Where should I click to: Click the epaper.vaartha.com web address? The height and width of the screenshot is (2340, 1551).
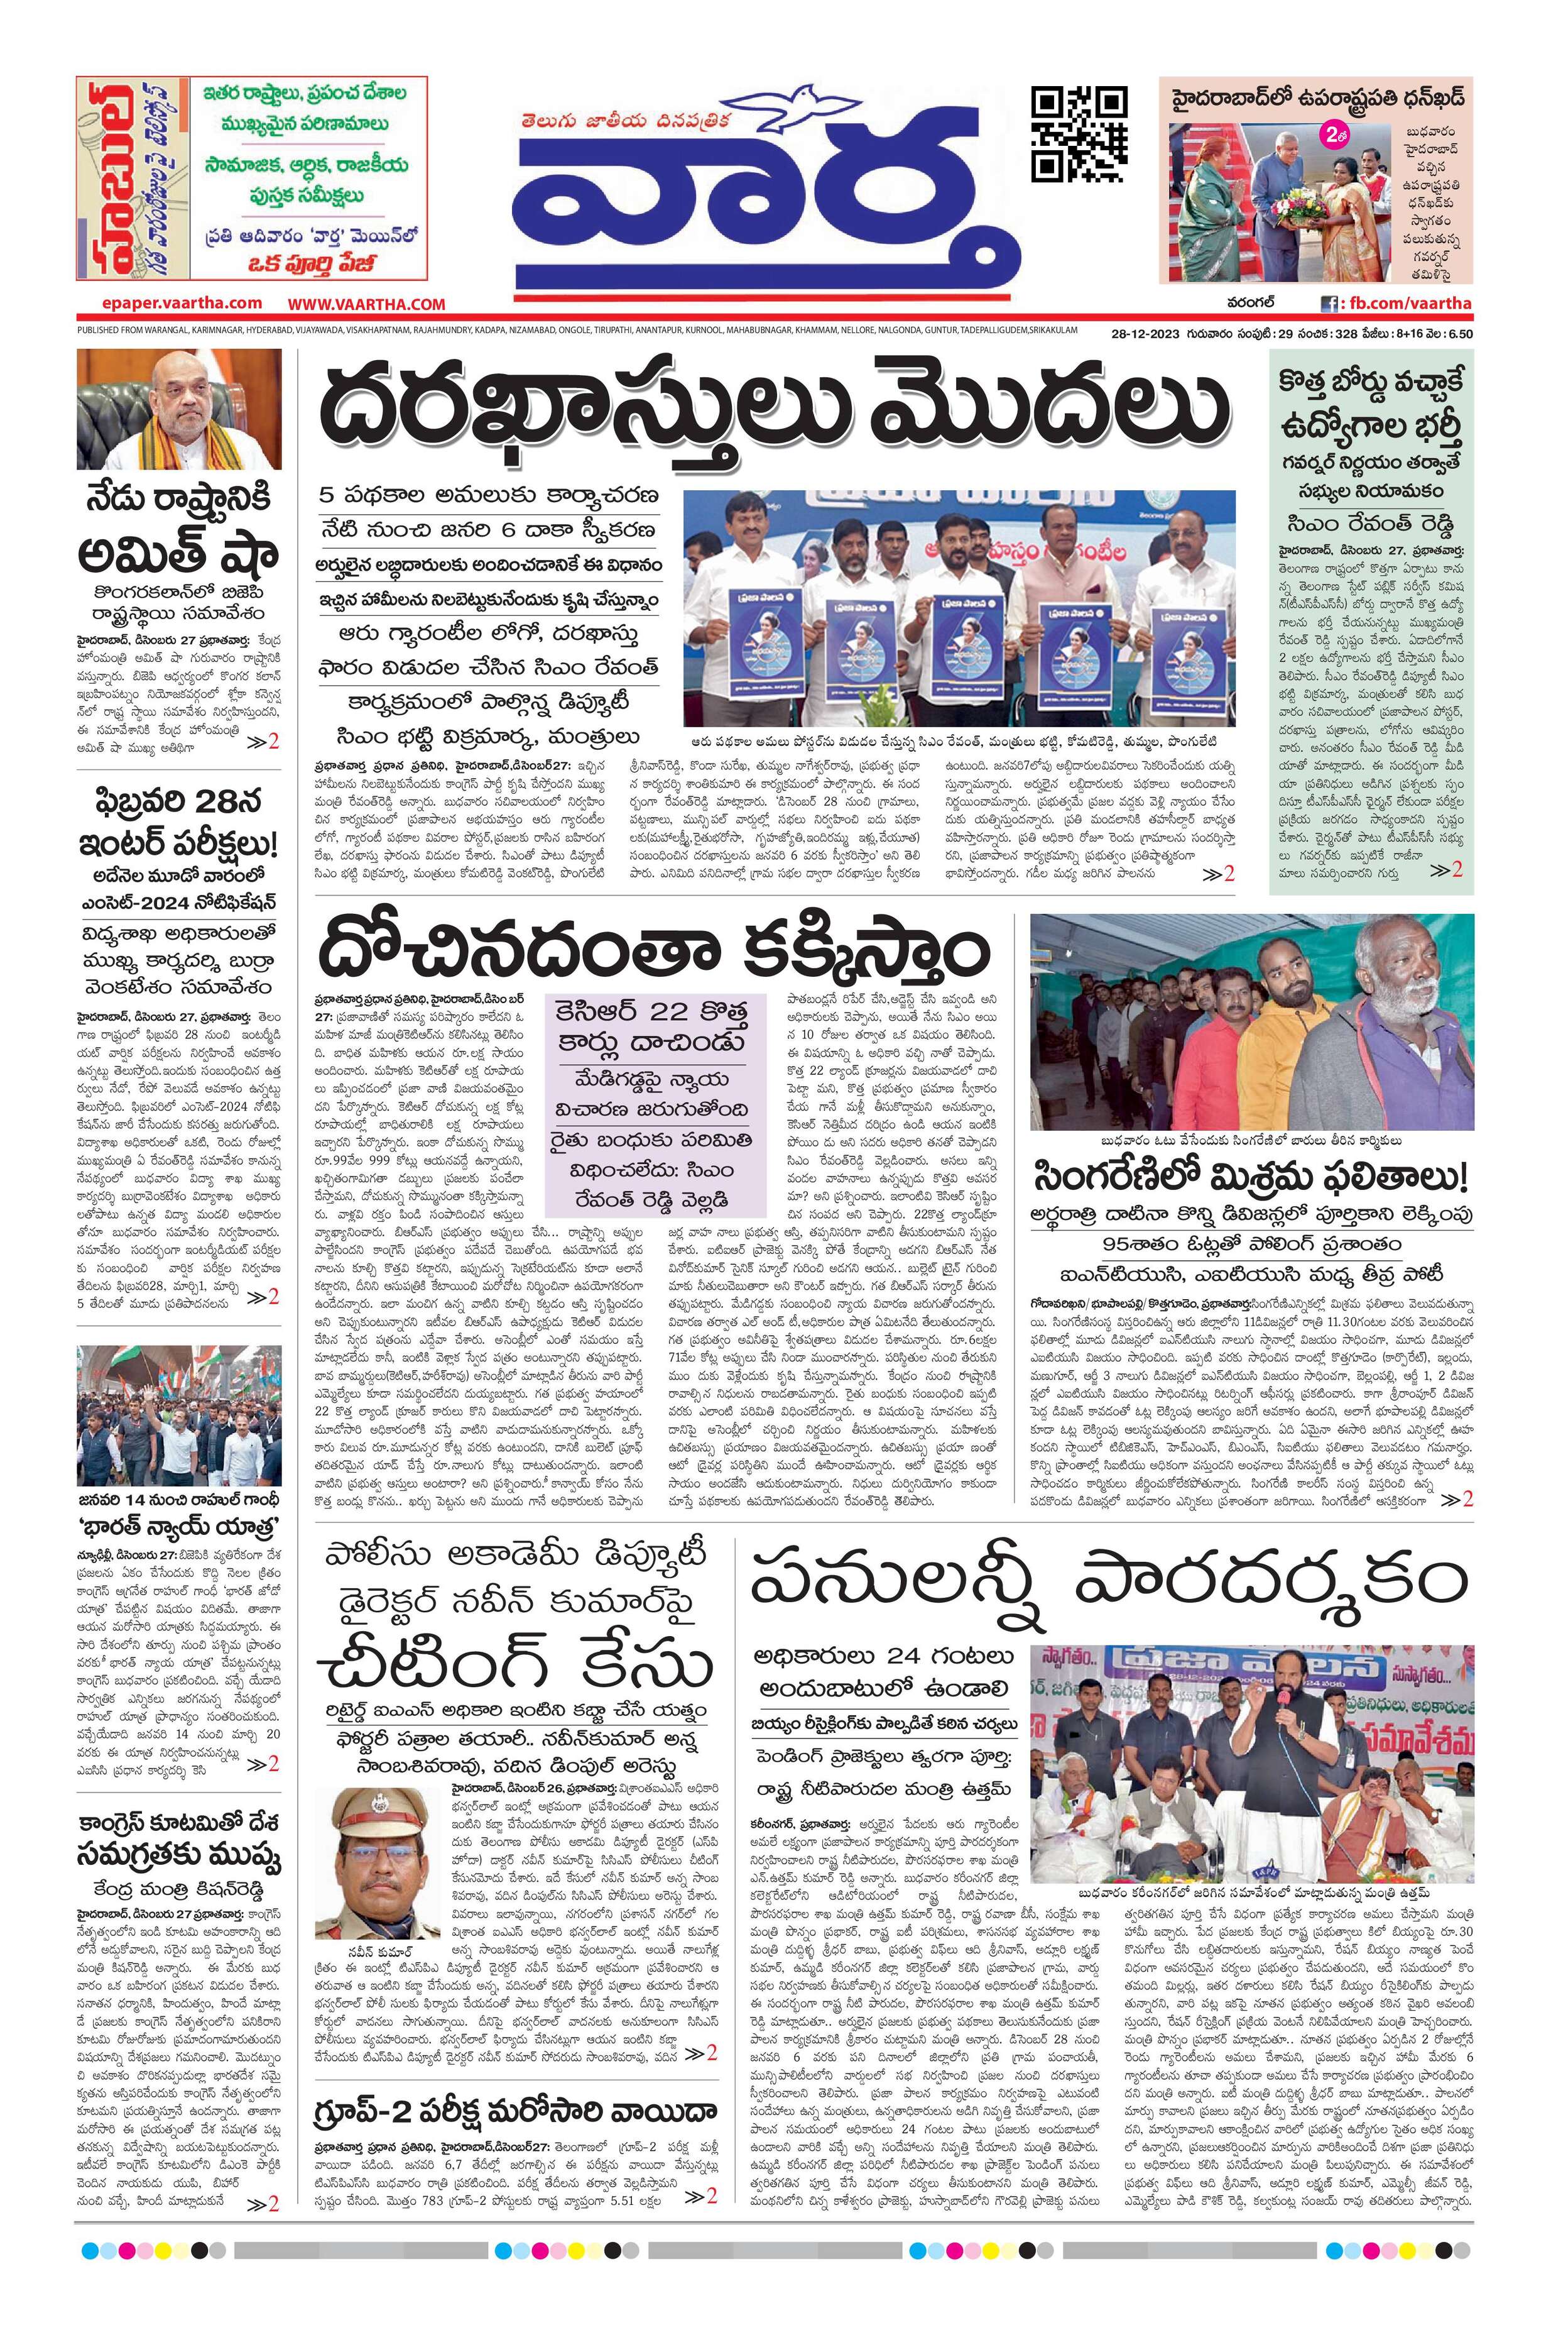click(182, 304)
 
